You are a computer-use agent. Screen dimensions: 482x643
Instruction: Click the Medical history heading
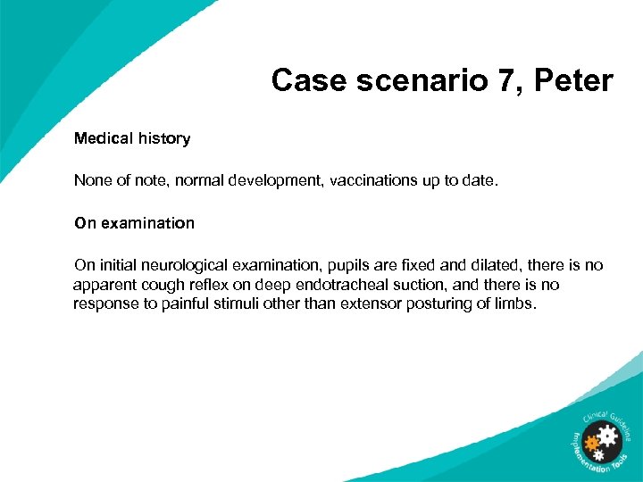pyautogui.click(x=132, y=138)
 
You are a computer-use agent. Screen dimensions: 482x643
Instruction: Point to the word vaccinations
pyautogui.click(x=373, y=180)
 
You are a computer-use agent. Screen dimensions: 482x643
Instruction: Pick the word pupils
pyautogui.click(x=349, y=265)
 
